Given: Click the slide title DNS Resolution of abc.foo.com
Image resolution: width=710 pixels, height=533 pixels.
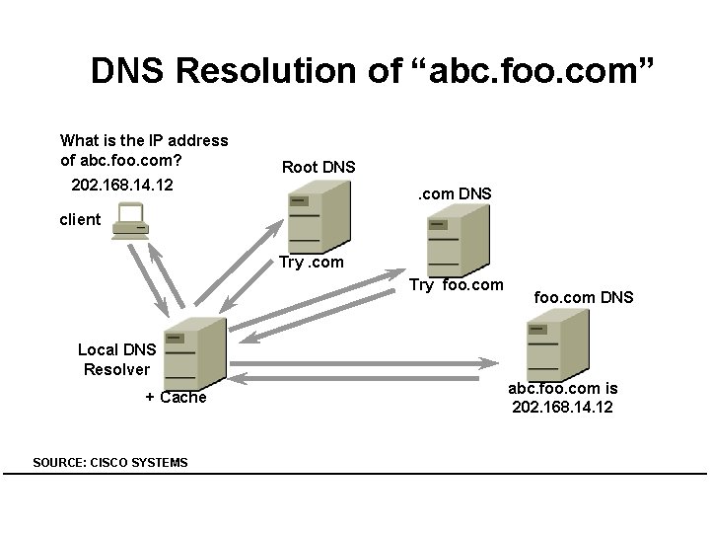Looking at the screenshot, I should pos(373,71).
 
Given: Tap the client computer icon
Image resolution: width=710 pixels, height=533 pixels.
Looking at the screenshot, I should pos(131,221).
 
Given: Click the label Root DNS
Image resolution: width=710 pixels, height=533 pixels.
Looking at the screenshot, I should pos(319,167).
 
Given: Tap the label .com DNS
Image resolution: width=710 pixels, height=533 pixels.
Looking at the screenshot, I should pos(455,194).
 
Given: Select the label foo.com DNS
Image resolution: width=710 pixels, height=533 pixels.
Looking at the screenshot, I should pos(584,297).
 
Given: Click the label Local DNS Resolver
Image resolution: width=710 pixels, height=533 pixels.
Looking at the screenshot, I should pos(116,359).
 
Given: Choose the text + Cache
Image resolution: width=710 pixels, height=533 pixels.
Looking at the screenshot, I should pos(176,397).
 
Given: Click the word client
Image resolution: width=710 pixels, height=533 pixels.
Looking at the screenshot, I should pos(80,219).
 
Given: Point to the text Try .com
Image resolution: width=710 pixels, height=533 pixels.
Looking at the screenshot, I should pos(312,262).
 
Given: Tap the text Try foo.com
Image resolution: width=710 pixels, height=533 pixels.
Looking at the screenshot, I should pos(456,285).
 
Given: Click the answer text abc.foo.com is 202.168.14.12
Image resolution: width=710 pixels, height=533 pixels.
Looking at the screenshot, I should pos(562,397).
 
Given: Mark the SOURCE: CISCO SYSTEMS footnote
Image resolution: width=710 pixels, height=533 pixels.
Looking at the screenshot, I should pos(109,462).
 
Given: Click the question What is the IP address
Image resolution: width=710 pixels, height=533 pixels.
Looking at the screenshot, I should pos(144,140).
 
